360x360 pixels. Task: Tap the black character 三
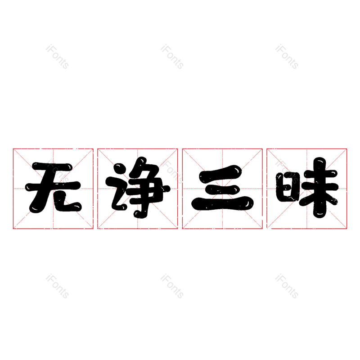coord(222,189)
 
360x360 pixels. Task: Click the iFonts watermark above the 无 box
coord(57,57)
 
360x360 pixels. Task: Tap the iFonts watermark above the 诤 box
coord(172,57)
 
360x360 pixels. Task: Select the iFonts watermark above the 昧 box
coord(287,57)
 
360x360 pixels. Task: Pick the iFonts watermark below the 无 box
coord(57,286)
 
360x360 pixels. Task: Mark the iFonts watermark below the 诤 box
coord(172,286)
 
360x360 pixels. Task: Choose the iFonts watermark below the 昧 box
coord(287,286)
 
